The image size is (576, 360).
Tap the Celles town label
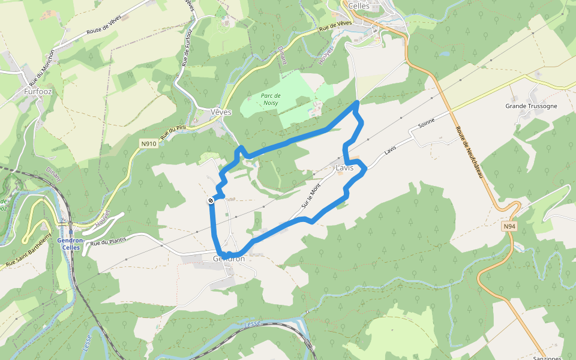click(359, 5)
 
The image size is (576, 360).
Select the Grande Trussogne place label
click(531, 106)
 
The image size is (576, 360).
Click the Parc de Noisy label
click(271, 99)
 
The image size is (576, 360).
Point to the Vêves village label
click(221, 112)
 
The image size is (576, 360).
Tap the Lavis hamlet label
click(345, 167)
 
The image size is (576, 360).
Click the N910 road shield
click(149, 143)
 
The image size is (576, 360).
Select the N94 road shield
click(509, 226)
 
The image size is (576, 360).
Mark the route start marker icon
click(211, 200)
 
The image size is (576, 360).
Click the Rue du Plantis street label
click(109, 241)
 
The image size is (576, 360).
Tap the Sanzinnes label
click(548, 358)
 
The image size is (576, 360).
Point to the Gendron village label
click(229, 259)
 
